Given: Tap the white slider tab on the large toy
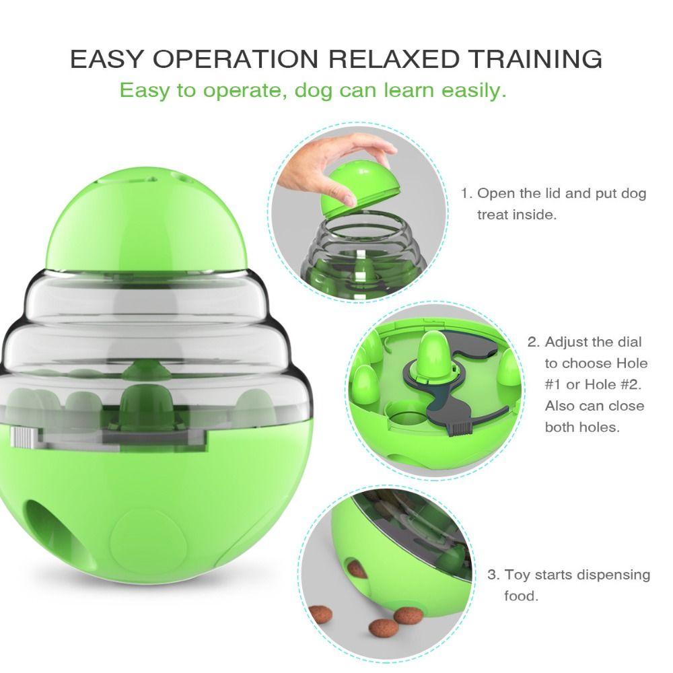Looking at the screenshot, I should click(x=23, y=438).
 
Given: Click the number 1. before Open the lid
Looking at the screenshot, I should click(x=466, y=194).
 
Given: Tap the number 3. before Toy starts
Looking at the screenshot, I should click(x=493, y=575).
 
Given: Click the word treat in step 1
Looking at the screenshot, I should click(x=495, y=215).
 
